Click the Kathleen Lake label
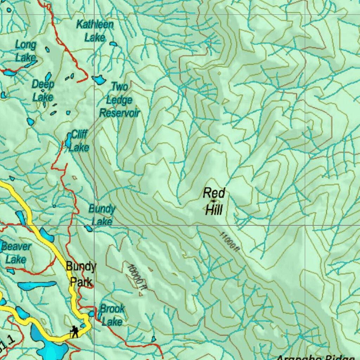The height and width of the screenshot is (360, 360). (95, 31)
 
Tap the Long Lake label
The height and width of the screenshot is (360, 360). (25, 51)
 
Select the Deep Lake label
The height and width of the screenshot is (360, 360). (43, 90)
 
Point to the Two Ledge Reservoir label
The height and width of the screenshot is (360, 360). (120, 100)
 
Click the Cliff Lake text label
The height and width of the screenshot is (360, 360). (79, 141)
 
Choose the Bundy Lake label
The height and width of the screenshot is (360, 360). (102, 215)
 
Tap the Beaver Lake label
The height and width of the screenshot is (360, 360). (16, 253)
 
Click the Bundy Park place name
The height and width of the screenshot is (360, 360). (81, 274)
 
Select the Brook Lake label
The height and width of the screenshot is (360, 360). (112, 315)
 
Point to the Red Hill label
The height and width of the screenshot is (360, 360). (214, 201)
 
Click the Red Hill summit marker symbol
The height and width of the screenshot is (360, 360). (213, 201)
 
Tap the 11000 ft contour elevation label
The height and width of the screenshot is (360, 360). (230, 242)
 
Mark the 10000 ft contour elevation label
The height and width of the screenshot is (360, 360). (137, 277)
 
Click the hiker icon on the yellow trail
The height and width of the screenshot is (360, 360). (74, 332)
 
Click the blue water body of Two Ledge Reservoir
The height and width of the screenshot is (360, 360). (99, 80)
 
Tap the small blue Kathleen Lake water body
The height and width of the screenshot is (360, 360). (113, 44)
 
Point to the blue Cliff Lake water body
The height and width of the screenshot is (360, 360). (68, 140)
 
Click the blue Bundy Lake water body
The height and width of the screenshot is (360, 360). (88, 229)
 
